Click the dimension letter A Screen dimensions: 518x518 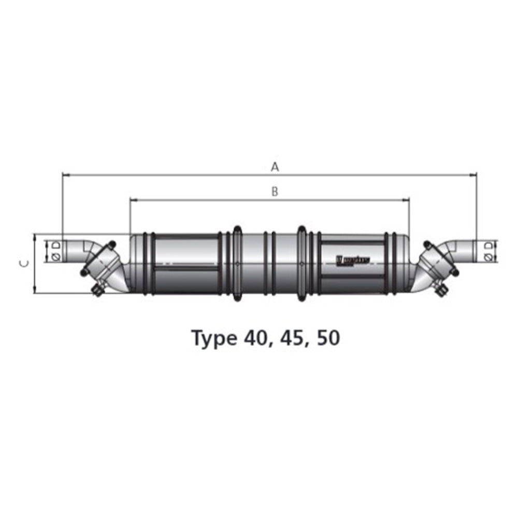(275, 167)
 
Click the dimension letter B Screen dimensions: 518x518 (275, 192)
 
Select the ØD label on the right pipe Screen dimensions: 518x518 (488, 251)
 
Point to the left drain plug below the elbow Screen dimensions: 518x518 (96, 291)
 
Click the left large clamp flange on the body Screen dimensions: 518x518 (237, 263)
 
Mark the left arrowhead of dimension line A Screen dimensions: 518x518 (65, 175)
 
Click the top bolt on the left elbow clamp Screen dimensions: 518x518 (111, 244)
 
